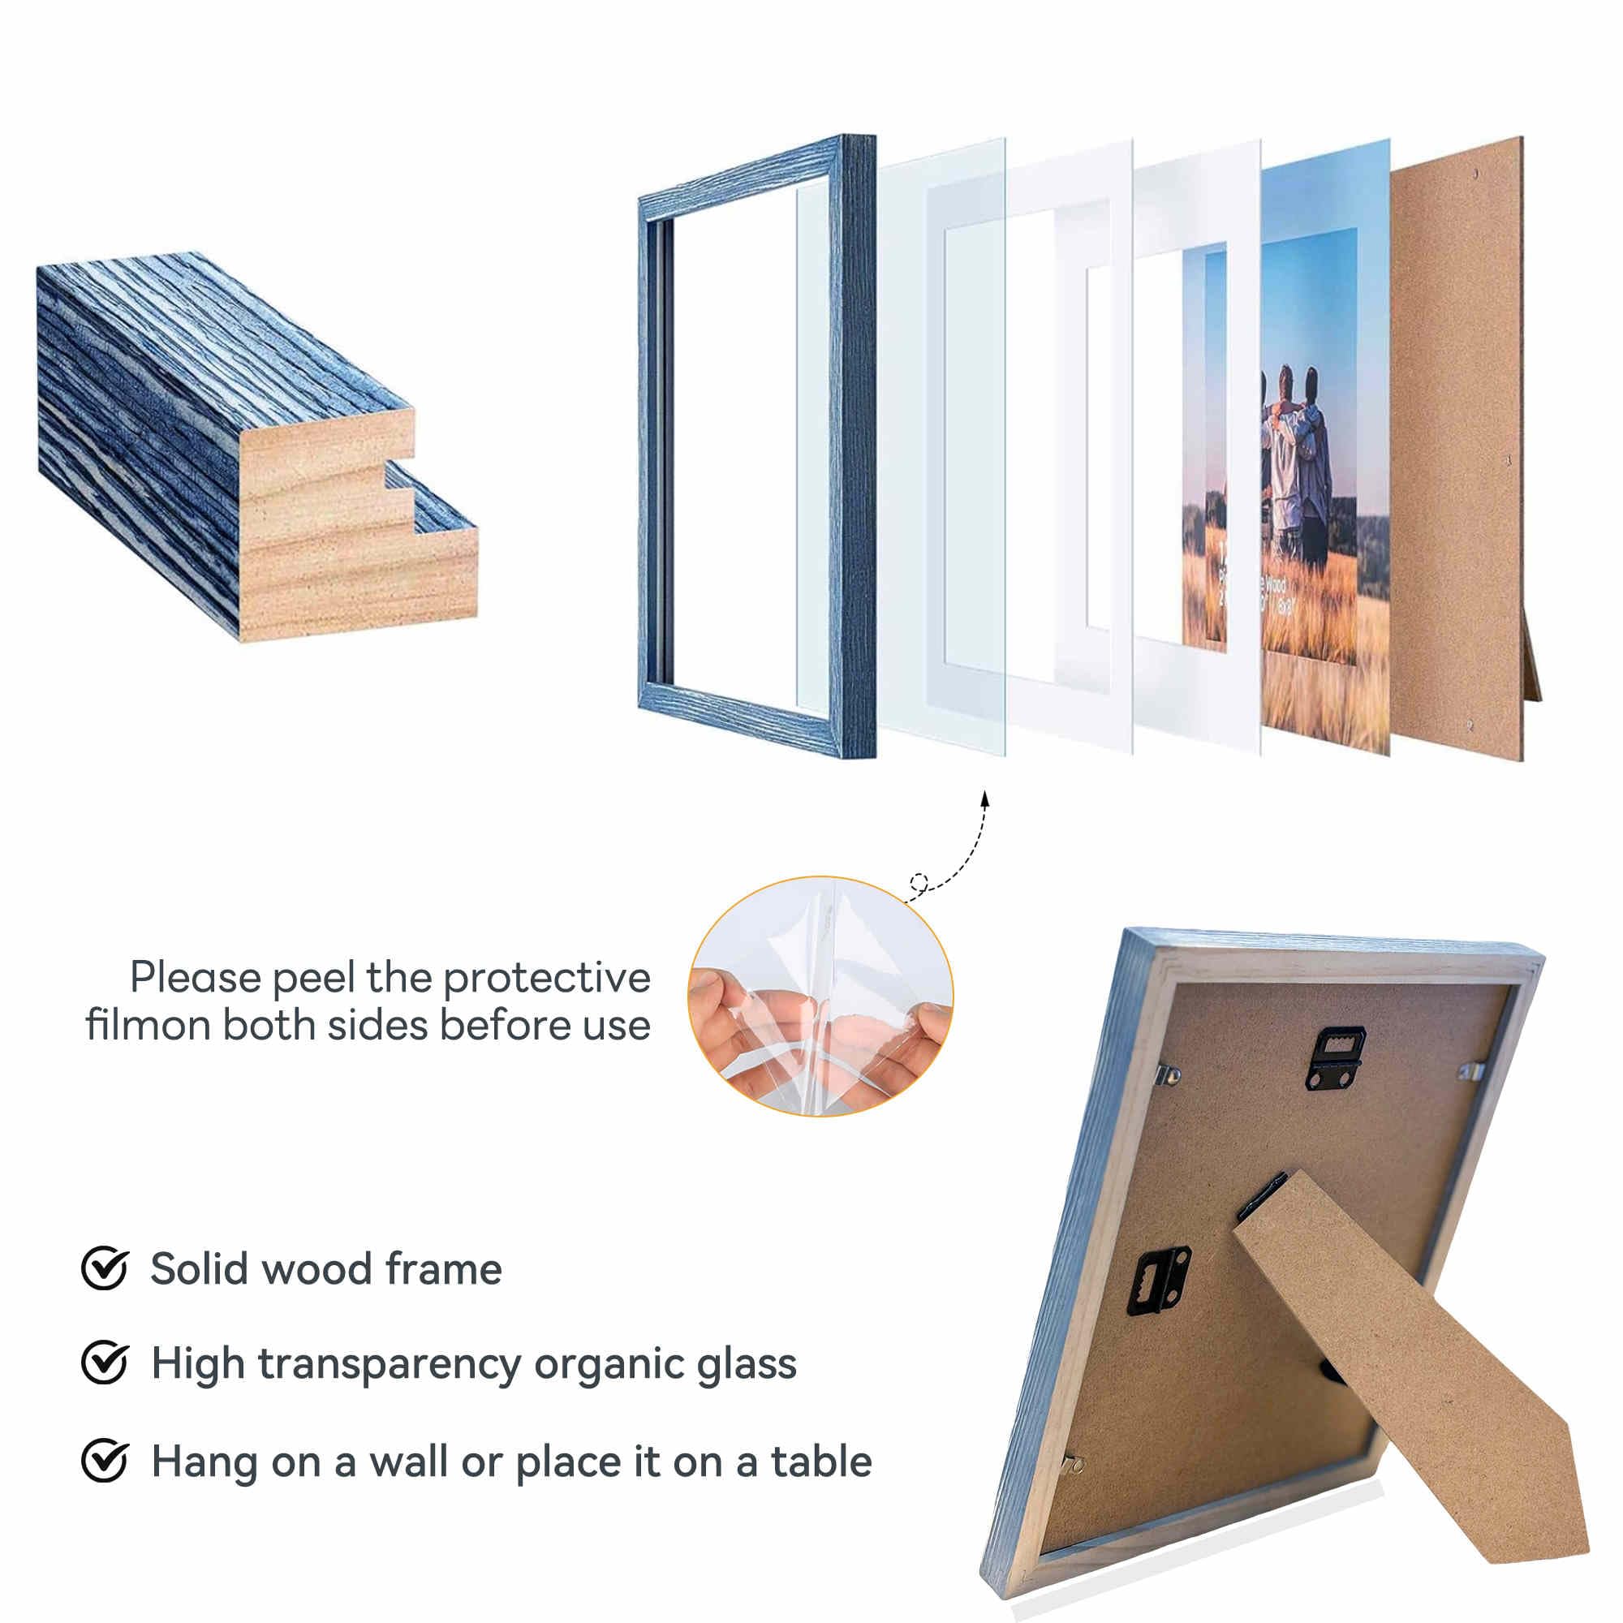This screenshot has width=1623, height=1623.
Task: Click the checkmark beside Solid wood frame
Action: point(104,1268)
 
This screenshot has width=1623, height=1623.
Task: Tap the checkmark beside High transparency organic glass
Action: point(104,1363)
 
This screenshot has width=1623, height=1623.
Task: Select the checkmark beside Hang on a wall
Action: point(104,1461)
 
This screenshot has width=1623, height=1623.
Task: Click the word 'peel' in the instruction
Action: point(314,979)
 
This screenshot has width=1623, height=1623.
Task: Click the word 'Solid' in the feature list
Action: point(200,1268)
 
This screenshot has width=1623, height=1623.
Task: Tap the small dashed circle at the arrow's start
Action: point(918,882)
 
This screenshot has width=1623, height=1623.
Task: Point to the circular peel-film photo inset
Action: point(820,996)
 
